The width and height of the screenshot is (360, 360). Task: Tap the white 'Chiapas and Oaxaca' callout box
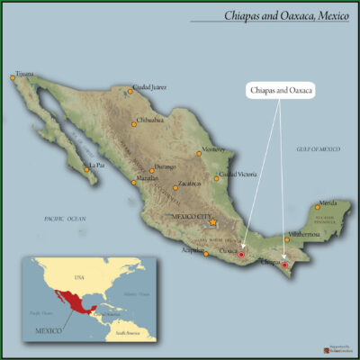click(x=279, y=91)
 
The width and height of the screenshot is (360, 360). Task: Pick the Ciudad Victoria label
click(x=238, y=174)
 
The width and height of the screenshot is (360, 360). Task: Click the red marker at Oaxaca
click(x=240, y=256)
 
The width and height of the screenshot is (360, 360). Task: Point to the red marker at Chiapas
click(x=285, y=265)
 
